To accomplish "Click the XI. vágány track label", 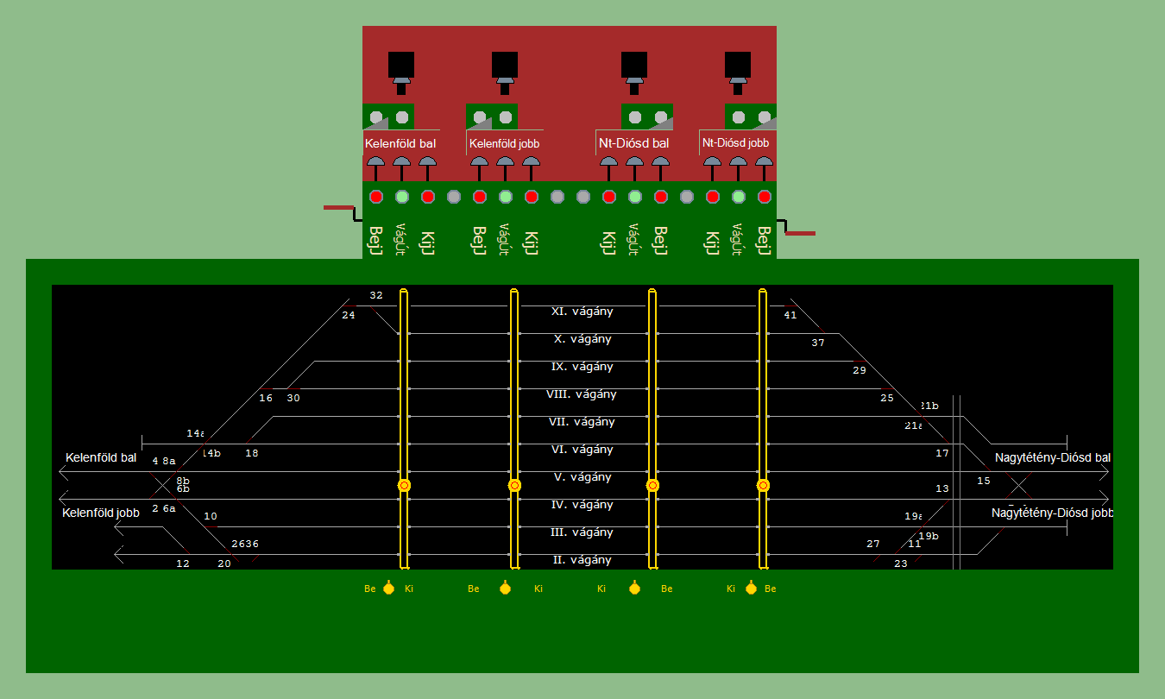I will [582, 312].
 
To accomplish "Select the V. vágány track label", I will [582, 477].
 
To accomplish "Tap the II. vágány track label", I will [582, 560].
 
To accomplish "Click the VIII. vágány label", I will [582, 394].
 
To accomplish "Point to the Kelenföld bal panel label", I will [400, 142].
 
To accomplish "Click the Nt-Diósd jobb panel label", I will [735, 142].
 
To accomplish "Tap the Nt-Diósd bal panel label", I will [633, 142].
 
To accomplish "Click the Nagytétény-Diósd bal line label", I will [1052, 457].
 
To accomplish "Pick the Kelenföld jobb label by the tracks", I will [101, 513].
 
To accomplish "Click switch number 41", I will [790, 315].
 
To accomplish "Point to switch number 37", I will [818, 343].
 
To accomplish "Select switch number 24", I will [349, 315].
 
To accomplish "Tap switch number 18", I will [251, 453].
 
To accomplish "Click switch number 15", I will [984, 481].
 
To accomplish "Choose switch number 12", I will [183, 564].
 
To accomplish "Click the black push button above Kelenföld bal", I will [401, 65].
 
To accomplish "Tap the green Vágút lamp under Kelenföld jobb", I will [506, 197].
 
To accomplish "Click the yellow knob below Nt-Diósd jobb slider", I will [751, 589].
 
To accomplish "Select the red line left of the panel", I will [338, 208].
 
